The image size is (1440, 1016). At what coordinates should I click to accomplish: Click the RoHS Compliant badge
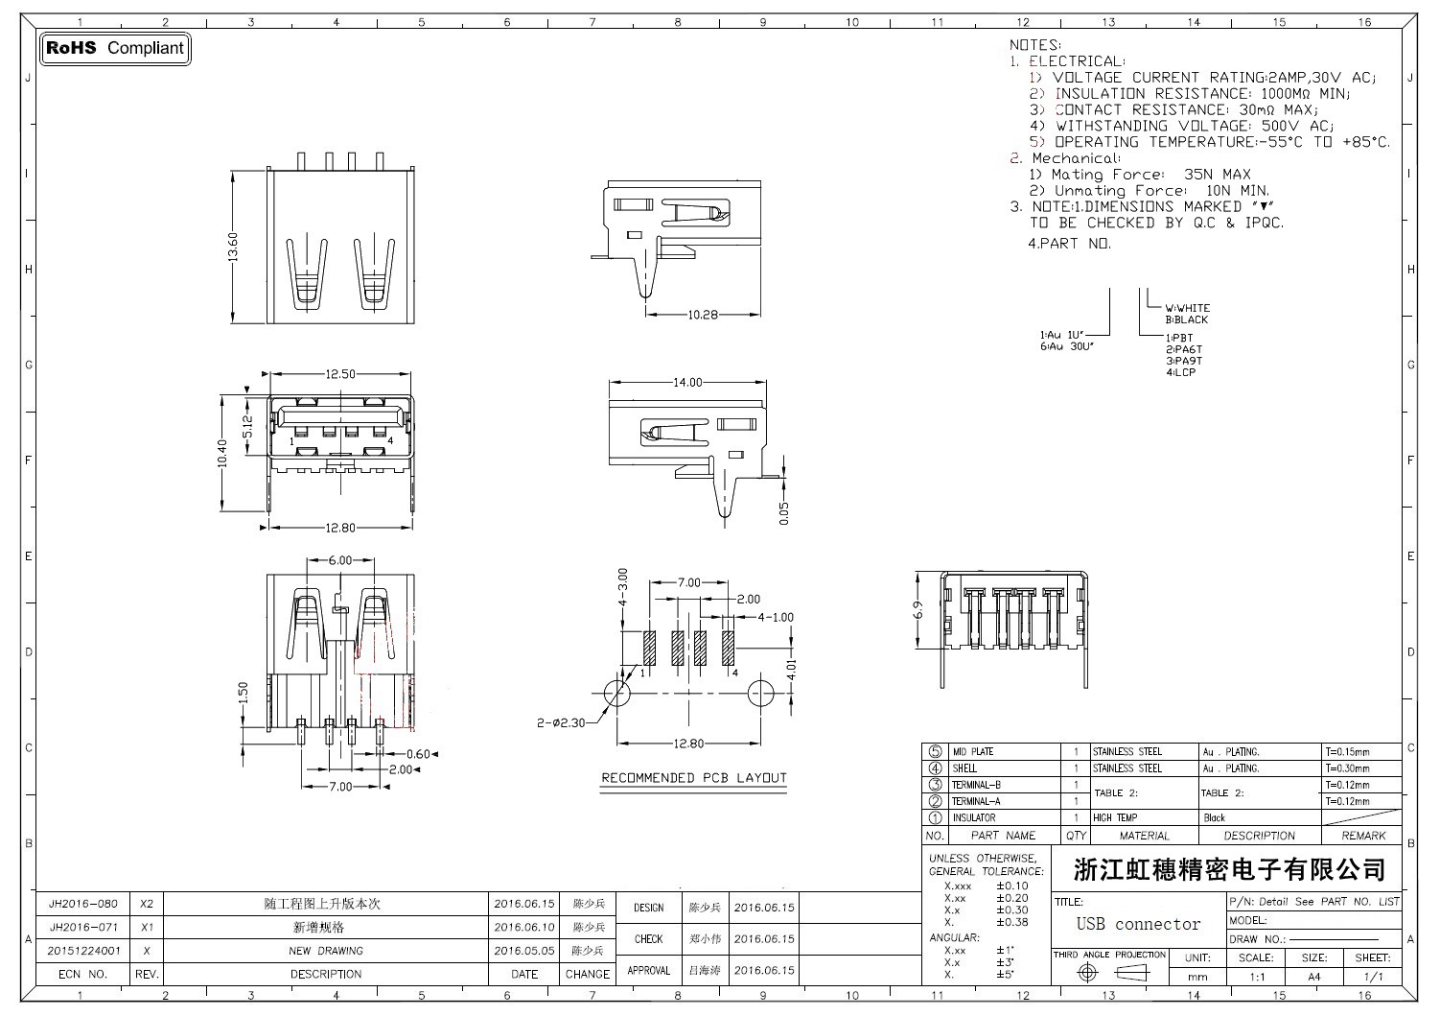(115, 48)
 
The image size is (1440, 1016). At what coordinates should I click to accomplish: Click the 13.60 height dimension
(233, 247)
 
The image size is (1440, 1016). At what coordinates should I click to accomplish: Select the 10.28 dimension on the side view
(703, 315)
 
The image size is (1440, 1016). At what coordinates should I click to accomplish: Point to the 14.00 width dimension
(687, 382)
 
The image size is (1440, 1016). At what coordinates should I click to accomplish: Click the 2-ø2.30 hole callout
(561, 723)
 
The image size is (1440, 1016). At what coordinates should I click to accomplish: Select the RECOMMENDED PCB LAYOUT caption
(693, 778)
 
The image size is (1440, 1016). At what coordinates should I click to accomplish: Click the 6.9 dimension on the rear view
(917, 610)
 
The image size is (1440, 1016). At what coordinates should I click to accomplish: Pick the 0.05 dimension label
(784, 514)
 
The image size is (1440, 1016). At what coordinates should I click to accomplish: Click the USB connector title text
(1138, 924)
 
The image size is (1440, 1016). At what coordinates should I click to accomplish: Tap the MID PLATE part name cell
(973, 752)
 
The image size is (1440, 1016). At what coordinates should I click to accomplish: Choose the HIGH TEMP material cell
(1115, 818)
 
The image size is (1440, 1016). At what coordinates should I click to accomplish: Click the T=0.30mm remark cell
(1348, 768)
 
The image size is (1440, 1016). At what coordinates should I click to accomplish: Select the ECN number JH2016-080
(83, 904)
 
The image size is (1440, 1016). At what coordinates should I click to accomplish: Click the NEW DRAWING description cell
(326, 951)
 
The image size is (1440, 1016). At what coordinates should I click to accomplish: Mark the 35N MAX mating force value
(1218, 175)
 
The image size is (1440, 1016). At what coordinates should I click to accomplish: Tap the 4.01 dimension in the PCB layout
(791, 669)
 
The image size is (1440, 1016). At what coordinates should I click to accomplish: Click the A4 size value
(1313, 977)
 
